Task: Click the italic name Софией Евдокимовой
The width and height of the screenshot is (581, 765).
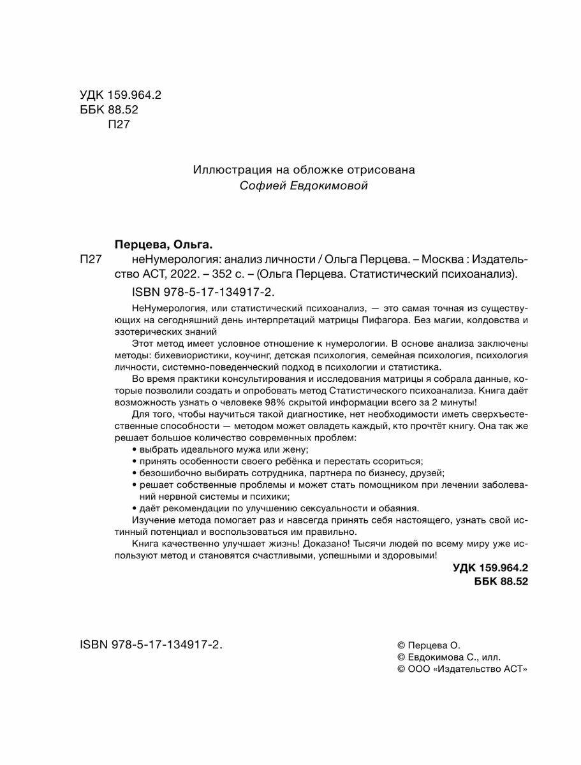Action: (x=304, y=186)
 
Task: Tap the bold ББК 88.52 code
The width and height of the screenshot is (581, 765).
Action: (x=501, y=581)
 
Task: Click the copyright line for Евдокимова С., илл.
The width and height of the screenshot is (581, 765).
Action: (x=449, y=657)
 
